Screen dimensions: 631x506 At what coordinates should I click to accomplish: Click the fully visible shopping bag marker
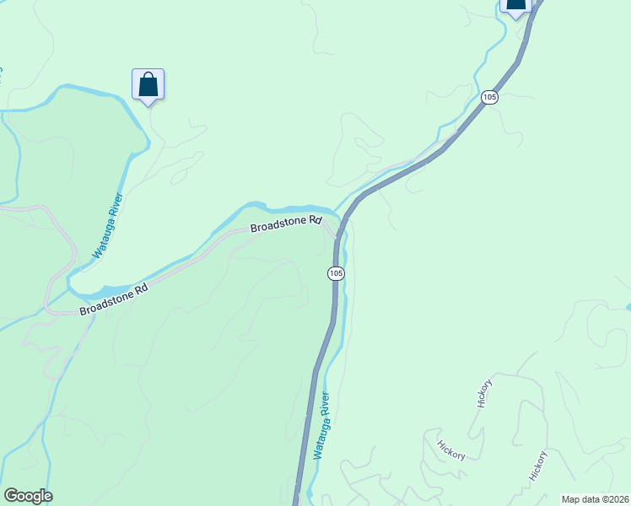(148, 85)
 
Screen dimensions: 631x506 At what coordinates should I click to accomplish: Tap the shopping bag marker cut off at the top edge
(515, 5)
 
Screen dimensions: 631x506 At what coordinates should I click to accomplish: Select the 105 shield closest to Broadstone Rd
(336, 272)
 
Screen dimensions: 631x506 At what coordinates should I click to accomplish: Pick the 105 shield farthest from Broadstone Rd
(490, 98)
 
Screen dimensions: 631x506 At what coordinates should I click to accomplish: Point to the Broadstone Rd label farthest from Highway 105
(114, 299)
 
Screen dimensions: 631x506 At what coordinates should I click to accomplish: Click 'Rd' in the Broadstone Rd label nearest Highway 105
(316, 220)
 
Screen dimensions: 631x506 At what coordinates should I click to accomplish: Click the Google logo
(28, 496)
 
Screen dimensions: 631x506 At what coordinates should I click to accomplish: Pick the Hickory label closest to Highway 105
(452, 449)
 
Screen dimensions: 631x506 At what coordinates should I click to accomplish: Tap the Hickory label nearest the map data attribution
(538, 466)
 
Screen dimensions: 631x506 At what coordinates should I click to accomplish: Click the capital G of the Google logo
(11, 496)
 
